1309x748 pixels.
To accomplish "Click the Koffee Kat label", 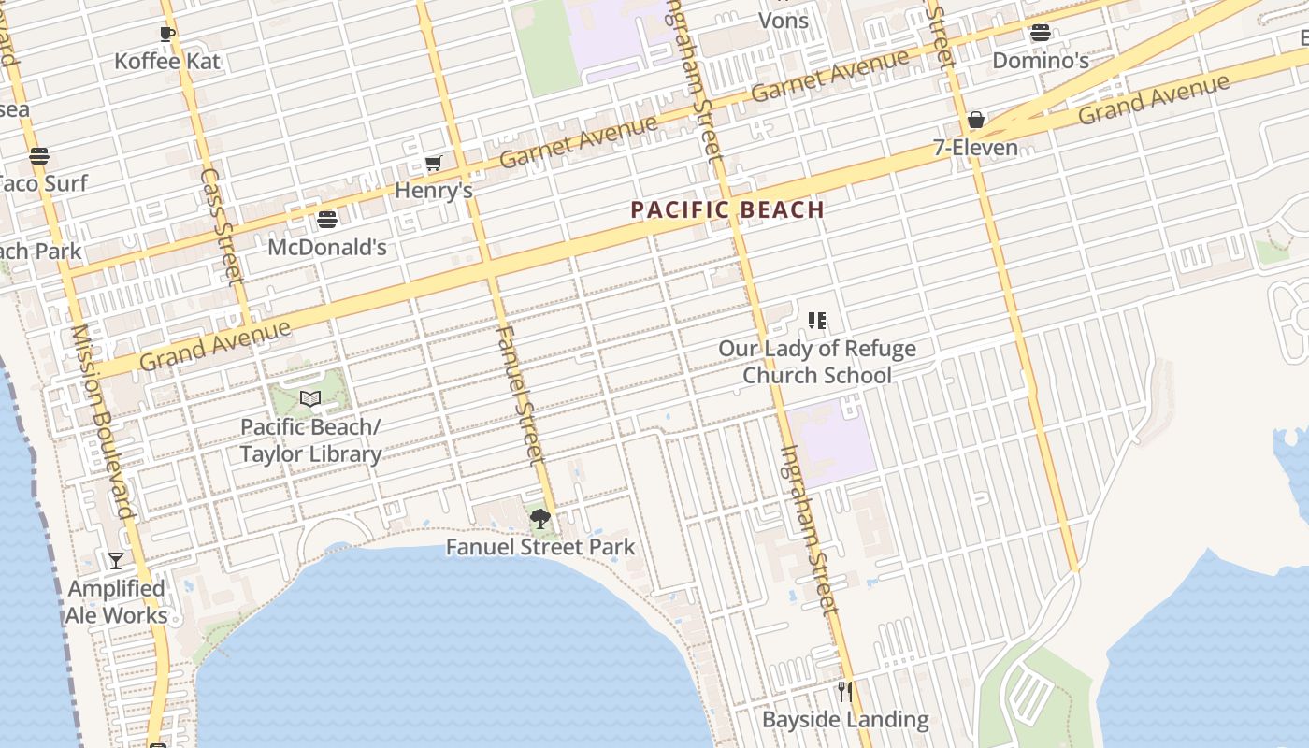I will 167,62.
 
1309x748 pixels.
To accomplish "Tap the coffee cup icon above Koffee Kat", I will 167,35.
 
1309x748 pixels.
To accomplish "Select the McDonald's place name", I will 327,248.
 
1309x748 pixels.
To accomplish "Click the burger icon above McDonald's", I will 327,220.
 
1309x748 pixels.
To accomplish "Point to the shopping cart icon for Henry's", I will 433,164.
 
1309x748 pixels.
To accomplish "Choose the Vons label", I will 784,21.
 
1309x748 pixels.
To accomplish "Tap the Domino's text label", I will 1041,61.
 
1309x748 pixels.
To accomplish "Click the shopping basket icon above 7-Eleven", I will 976,120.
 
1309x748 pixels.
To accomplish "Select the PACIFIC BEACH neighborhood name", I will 727,209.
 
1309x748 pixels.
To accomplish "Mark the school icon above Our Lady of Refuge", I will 817,321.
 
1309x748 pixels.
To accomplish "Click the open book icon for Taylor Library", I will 310,399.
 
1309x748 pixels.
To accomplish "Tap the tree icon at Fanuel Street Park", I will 539,519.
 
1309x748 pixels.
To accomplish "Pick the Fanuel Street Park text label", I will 540,547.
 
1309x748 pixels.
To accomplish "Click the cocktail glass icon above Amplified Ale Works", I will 116,561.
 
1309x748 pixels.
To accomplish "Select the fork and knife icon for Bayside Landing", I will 845,692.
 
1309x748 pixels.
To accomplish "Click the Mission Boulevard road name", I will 103,421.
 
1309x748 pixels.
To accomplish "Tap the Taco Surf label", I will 42,183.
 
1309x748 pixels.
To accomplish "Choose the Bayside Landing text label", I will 845,720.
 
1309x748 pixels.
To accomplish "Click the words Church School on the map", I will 817,376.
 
